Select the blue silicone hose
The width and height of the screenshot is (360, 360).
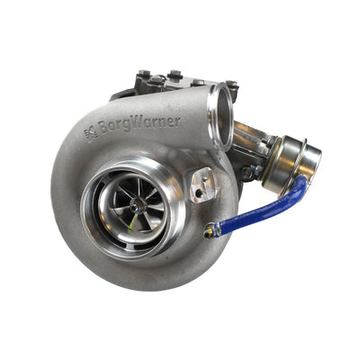click(261, 211)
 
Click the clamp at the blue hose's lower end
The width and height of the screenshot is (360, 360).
click(210, 231)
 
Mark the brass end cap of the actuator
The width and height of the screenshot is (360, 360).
click(310, 160)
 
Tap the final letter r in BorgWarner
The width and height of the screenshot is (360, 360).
click(176, 121)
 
